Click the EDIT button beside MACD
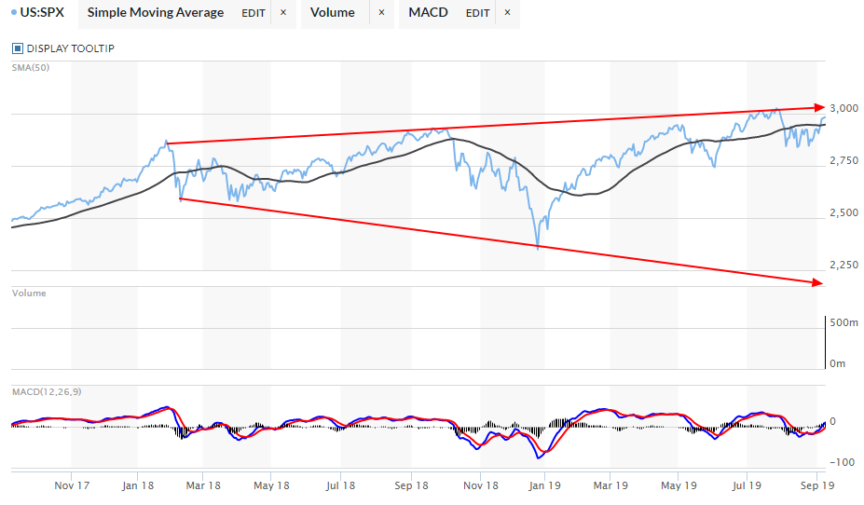(477, 13)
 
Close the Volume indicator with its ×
(380, 13)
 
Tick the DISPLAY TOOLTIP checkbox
(18, 48)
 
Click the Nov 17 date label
(72, 485)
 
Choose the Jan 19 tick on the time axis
(543, 485)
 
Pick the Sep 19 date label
(816, 485)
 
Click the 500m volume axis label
(843, 323)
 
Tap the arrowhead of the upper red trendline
(820, 107)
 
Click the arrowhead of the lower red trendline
(819, 282)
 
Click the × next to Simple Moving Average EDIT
(283, 13)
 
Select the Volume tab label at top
(332, 13)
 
